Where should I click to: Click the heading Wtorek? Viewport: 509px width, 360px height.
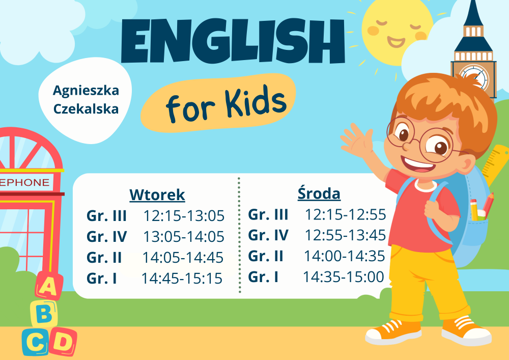coord(157,195)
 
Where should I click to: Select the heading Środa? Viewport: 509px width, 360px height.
coord(319,193)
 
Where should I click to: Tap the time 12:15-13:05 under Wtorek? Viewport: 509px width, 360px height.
coord(184,216)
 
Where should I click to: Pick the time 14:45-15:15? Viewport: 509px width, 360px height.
coord(182,279)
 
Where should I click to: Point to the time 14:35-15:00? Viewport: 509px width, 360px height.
coord(344,277)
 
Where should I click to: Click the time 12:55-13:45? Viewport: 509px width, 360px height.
coord(345,235)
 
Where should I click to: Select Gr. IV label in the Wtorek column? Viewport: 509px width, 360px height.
coord(106,237)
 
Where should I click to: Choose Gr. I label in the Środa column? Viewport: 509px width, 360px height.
coord(263,277)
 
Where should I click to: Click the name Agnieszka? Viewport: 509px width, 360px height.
coord(86,91)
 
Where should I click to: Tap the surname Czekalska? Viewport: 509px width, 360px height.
coord(86,109)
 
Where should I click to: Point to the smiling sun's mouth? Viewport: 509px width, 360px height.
coord(396,42)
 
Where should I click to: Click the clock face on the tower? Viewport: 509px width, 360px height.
coord(473,77)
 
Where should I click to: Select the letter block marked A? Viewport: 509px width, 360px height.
coord(49,286)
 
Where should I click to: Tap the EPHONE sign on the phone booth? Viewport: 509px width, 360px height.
coord(24,182)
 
